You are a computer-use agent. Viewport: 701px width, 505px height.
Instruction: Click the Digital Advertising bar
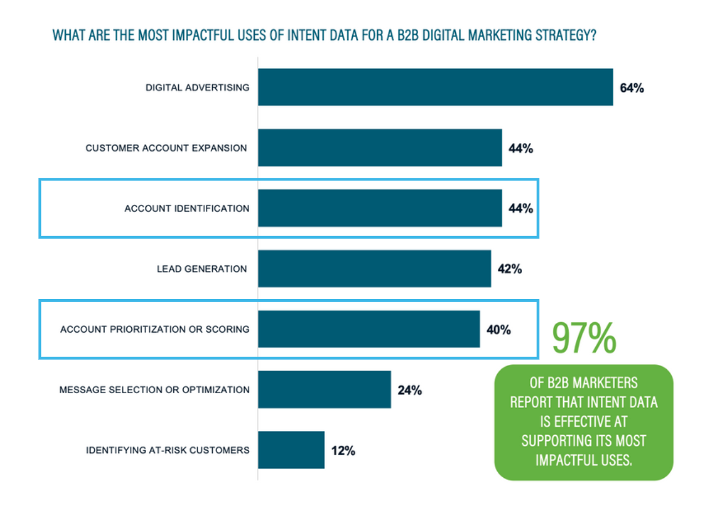435,87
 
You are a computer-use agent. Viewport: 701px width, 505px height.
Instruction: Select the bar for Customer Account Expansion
380,147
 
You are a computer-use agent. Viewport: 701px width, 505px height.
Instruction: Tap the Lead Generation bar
374,269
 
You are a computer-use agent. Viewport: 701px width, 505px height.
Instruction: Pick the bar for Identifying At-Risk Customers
291,450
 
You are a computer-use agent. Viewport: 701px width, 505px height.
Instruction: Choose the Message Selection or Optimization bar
324,389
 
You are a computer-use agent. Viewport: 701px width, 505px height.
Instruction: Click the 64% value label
632,88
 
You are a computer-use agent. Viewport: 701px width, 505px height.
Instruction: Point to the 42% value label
509,269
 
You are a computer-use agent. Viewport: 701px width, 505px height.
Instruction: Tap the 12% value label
343,451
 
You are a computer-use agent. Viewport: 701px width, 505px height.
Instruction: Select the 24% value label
410,390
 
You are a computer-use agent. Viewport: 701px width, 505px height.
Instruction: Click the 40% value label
498,330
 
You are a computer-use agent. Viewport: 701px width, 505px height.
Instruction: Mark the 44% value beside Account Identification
520,209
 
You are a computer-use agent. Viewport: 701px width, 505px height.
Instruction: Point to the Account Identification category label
187,209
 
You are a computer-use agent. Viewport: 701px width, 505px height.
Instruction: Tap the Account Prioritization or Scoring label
155,329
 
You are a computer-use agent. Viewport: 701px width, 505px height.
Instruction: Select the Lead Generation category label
202,269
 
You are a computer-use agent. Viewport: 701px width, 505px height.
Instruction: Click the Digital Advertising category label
197,87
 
